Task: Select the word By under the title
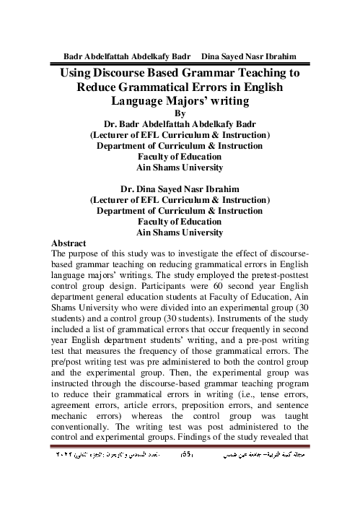(x=180, y=112)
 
